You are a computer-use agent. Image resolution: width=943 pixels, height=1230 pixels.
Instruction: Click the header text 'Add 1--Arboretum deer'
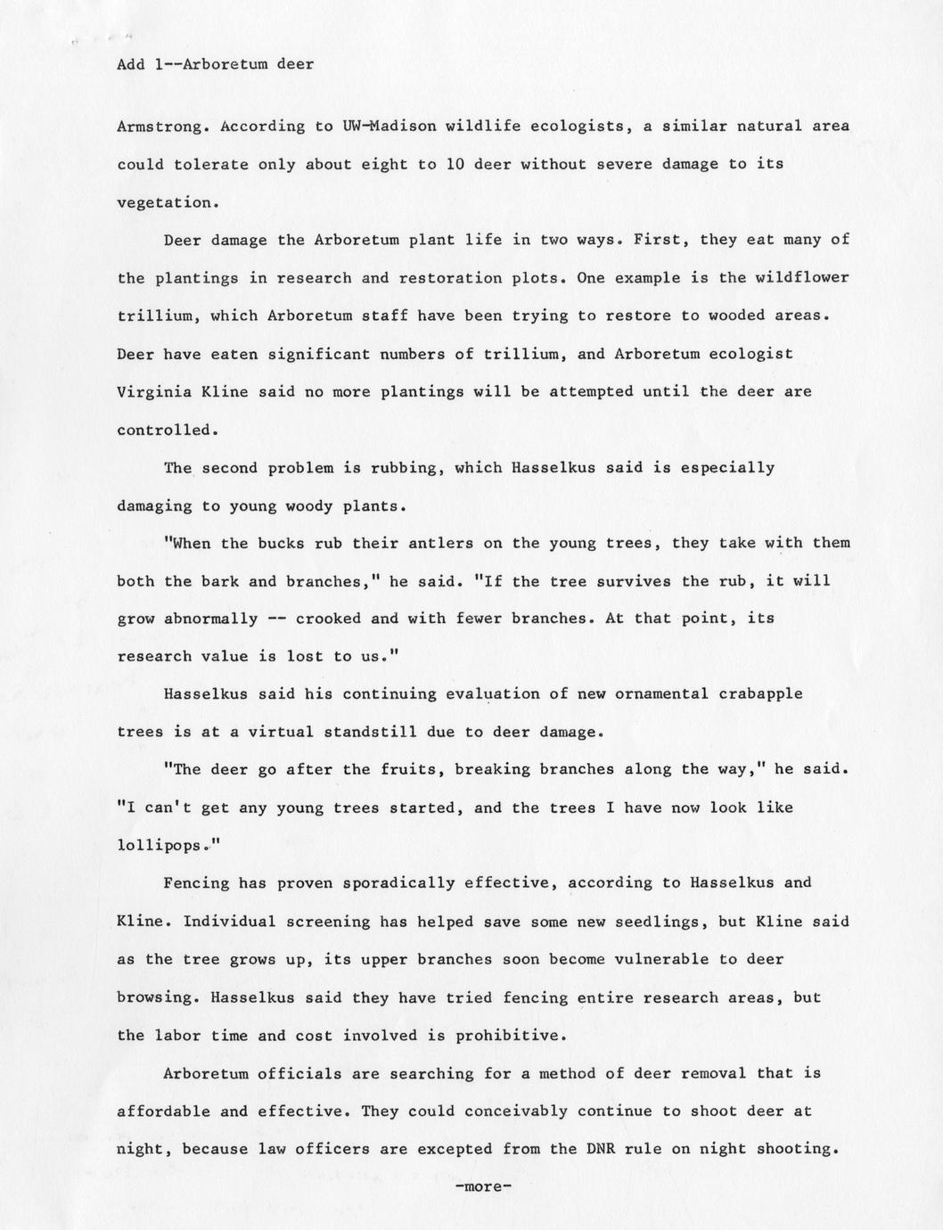215,64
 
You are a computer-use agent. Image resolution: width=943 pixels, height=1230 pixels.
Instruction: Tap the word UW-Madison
389,126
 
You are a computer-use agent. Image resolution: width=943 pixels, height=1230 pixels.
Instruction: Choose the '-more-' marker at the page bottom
482,1187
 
